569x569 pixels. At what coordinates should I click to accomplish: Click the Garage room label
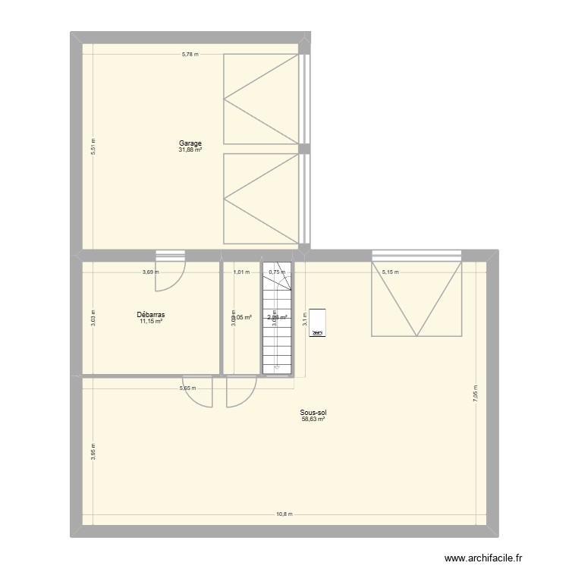pos(190,143)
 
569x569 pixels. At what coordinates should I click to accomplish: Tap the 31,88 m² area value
pos(190,149)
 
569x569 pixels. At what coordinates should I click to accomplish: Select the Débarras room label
pos(151,314)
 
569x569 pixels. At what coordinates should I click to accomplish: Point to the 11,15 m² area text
pos(151,321)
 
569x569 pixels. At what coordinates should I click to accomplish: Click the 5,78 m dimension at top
pos(190,54)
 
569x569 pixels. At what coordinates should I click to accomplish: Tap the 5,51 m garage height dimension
pos(93,146)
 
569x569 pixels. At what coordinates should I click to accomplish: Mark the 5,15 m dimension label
pos(390,272)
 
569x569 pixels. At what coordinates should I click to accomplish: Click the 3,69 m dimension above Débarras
pos(151,272)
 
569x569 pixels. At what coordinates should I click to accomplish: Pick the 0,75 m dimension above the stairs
pos(276,272)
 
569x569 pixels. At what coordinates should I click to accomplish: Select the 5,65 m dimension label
pos(187,388)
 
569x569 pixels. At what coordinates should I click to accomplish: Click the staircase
pos(278,322)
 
